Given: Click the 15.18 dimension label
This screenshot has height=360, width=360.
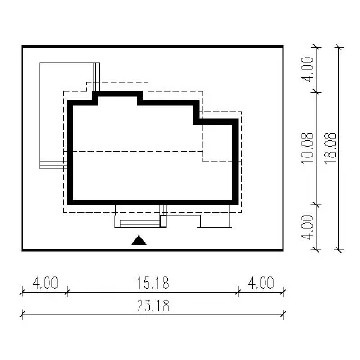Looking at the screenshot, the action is [x=153, y=283].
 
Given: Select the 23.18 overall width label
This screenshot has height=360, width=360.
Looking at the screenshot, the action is [x=153, y=306].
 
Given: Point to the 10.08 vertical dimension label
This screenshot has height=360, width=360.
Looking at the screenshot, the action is [x=308, y=148].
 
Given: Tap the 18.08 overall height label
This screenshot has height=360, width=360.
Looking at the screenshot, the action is [x=331, y=148].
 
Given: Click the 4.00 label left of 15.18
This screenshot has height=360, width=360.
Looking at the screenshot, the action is [x=45, y=283].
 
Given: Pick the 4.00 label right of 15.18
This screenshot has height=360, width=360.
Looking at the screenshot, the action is [x=261, y=283].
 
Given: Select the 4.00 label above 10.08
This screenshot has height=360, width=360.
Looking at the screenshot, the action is [x=308, y=68].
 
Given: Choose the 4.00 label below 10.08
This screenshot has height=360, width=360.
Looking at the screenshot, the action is [x=308, y=227].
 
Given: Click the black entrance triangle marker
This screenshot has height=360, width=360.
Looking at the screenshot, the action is [x=139, y=240].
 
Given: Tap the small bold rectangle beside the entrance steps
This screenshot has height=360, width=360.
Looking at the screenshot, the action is [x=164, y=221].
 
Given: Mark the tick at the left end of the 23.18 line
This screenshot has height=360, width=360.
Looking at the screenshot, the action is [x=22, y=314].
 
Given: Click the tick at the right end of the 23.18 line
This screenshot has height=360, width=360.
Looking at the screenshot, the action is [x=283, y=314].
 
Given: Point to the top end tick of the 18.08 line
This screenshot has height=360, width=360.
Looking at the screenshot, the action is [x=339, y=47].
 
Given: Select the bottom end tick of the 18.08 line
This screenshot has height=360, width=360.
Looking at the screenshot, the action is [x=339, y=249].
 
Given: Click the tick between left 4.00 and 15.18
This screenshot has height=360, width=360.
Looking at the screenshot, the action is [x=67, y=291].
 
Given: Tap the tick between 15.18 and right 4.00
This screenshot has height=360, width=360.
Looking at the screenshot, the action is [x=238, y=291].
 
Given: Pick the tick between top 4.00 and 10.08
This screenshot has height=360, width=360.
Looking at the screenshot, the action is [x=317, y=92].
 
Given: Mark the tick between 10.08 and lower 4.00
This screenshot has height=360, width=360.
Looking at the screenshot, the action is [x=317, y=204].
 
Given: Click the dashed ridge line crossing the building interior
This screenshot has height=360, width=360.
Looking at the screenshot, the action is [x=133, y=152].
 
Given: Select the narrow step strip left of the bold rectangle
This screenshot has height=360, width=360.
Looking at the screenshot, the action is [x=140, y=223].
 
